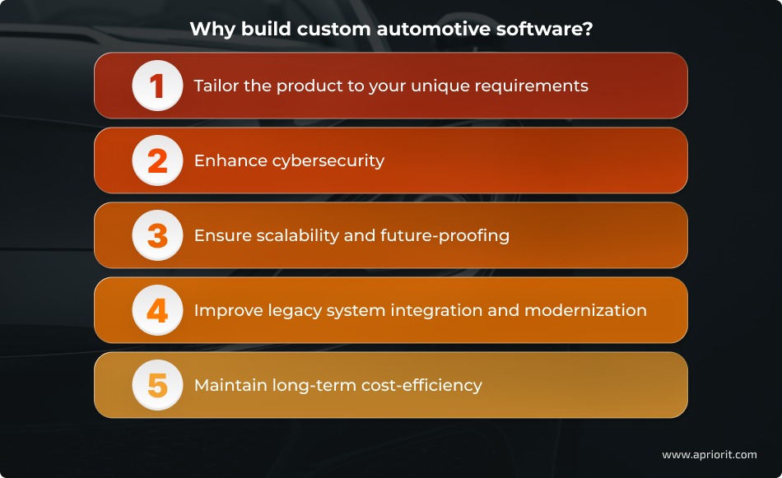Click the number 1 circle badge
coord(157,86)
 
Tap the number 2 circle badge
coord(157,160)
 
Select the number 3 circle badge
coord(157,235)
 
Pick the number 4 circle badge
coord(157,310)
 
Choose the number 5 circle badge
coord(157,385)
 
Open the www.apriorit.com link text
coord(709,454)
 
